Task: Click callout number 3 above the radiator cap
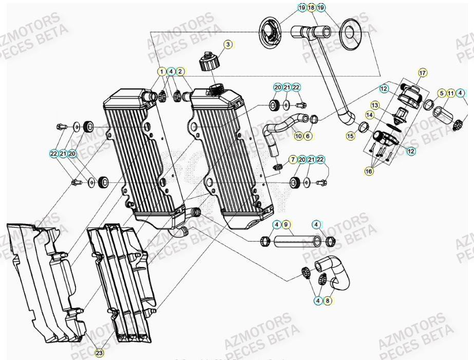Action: click(227, 45)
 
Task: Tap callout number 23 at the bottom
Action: click(99, 353)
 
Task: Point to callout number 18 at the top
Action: click(311, 8)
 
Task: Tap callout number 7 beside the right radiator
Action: click(293, 160)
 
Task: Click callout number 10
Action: click(298, 136)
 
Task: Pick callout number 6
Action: click(308, 136)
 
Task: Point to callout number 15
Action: click(351, 136)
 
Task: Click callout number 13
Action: click(374, 105)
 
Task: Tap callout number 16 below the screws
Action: click(369, 172)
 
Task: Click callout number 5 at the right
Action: click(441, 93)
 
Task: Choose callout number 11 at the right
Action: click(450, 93)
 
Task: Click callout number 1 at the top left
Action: click(162, 71)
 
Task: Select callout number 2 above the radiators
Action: click(180, 71)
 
